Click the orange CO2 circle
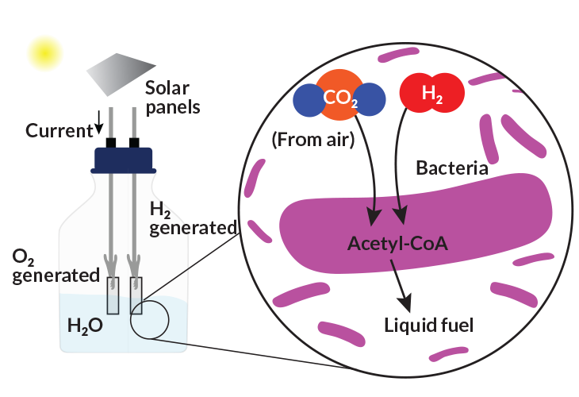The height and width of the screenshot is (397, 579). point(339,97)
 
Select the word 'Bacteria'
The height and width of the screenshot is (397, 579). point(452,168)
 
